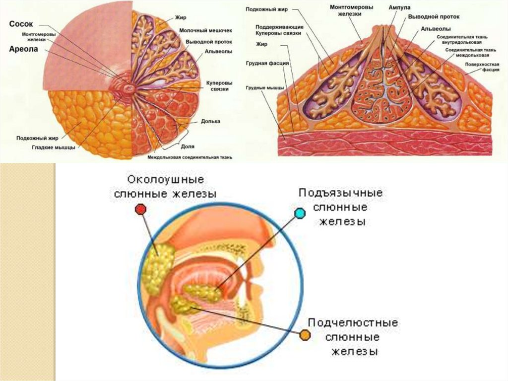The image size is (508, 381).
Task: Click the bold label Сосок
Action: (20, 23)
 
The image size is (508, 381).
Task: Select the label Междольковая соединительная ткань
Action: (190, 157)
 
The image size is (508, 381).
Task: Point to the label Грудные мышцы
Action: (262, 87)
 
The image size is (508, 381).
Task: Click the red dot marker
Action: (141, 210)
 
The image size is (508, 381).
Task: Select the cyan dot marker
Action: (300, 214)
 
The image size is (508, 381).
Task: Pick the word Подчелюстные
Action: (353, 323)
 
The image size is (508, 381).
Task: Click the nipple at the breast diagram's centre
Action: (129, 87)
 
